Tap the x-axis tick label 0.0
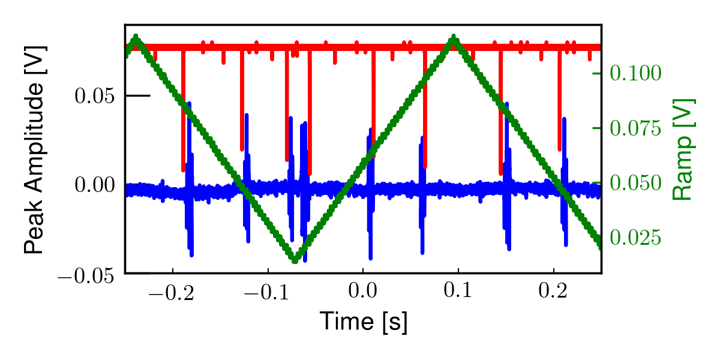tap(363, 292)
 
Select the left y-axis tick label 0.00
tap(94, 185)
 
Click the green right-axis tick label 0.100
tap(635, 73)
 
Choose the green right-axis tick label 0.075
tap(635, 128)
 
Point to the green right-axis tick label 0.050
tap(635, 183)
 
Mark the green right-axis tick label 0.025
tap(635, 238)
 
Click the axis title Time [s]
tap(363, 322)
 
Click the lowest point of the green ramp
tap(295, 260)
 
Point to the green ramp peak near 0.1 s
tap(454, 38)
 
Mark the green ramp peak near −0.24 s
tap(136, 38)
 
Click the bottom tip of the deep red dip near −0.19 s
tap(184, 170)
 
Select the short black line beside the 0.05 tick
tap(139, 95)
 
